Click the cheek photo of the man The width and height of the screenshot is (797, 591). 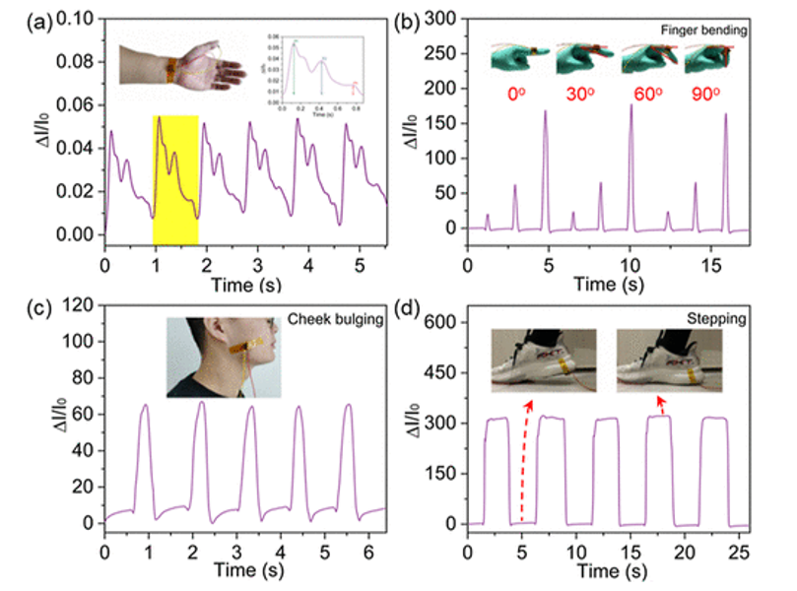pyautogui.click(x=224, y=358)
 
